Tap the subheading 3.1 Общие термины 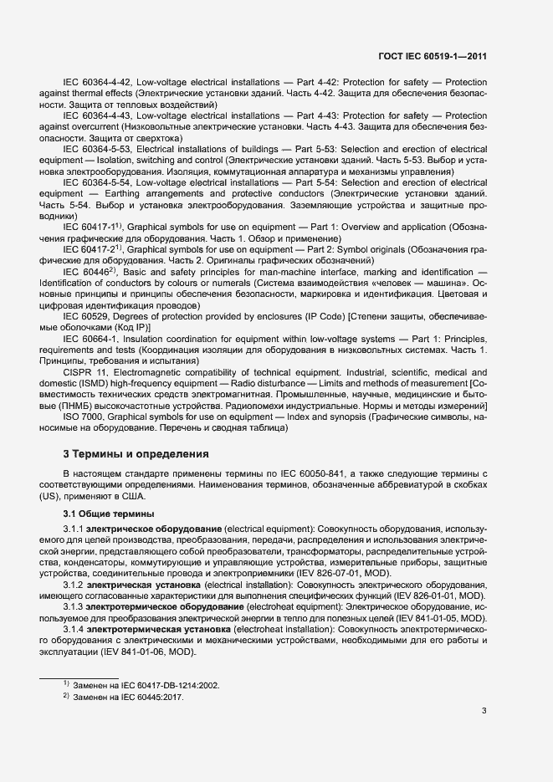coord(105,513)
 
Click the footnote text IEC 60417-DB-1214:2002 coord(173,685)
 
